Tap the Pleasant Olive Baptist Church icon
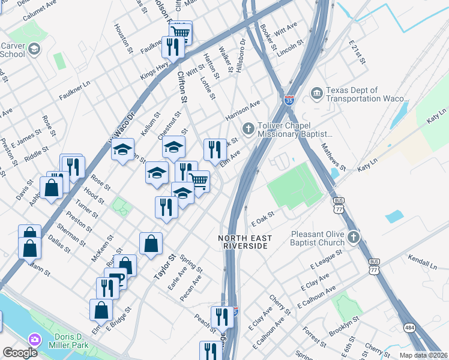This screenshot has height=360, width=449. click(354, 238)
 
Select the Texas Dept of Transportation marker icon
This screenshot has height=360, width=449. click(316, 94)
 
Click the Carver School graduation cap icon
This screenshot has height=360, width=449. click(34, 49)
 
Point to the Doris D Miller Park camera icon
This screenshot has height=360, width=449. click(35, 340)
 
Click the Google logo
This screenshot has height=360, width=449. click(20, 353)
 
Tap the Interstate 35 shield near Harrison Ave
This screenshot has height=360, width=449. click(289, 100)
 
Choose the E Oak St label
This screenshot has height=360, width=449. click(262, 218)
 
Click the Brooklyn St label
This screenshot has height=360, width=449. click(344, 328)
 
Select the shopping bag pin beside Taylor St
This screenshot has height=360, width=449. click(151, 244)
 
